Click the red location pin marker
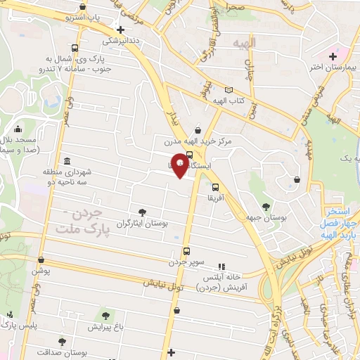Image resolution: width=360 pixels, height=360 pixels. click(180, 165)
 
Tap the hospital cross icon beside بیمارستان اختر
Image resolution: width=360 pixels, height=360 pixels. click(333, 56)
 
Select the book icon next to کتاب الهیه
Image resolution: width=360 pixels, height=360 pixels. click(228, 90)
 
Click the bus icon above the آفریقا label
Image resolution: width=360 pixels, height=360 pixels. click(215, 187)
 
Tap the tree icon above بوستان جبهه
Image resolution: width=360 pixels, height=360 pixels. click(265, 207)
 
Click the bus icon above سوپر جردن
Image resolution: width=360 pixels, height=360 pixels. click(186, 251)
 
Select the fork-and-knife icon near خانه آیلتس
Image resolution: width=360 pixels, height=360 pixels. click(222, 266)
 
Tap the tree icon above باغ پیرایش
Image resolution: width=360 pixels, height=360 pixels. click(105, 316)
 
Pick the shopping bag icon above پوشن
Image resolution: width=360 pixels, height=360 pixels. click(41, 259)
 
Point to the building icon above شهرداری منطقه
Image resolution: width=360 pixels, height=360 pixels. click(67, 160)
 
